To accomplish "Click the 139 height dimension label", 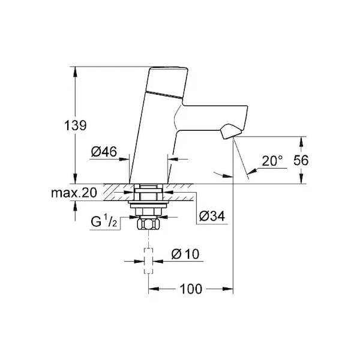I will click(77, 125).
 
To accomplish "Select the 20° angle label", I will click(272, 160).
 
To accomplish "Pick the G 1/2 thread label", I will click(103, 224).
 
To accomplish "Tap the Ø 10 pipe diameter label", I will click(184, 254).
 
